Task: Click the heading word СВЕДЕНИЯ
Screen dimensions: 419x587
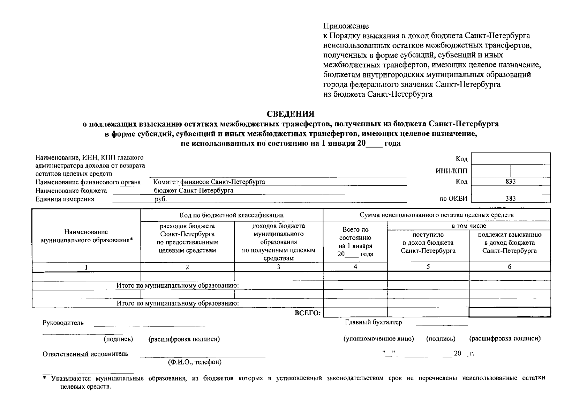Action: [291, 114]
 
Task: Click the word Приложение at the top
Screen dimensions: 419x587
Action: [346, 26]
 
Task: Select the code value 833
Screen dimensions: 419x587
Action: [510, 182]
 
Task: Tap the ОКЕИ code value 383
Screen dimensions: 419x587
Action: [510, 199]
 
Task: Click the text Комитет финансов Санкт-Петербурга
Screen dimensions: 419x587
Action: [209, 182]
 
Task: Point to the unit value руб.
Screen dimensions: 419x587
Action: [161, 199]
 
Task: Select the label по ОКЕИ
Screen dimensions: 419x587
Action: [453, 199]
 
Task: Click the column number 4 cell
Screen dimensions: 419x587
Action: [355, 267]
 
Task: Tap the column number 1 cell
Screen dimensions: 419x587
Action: [86, 267]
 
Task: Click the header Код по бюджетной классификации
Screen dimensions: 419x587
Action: [232, 215]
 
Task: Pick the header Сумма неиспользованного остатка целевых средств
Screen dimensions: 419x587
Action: [436, 215]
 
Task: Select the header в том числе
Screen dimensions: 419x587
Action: [469, 226]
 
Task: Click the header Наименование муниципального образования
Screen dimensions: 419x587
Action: [86, 236]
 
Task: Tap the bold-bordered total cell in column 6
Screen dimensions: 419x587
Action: [510, 312]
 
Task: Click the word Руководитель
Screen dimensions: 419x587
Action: [63, 323]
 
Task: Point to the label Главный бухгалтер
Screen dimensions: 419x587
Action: [373, 322]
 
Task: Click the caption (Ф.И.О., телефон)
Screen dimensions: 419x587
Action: [195, 362]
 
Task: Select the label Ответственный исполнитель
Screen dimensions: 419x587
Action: [85, 354]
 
